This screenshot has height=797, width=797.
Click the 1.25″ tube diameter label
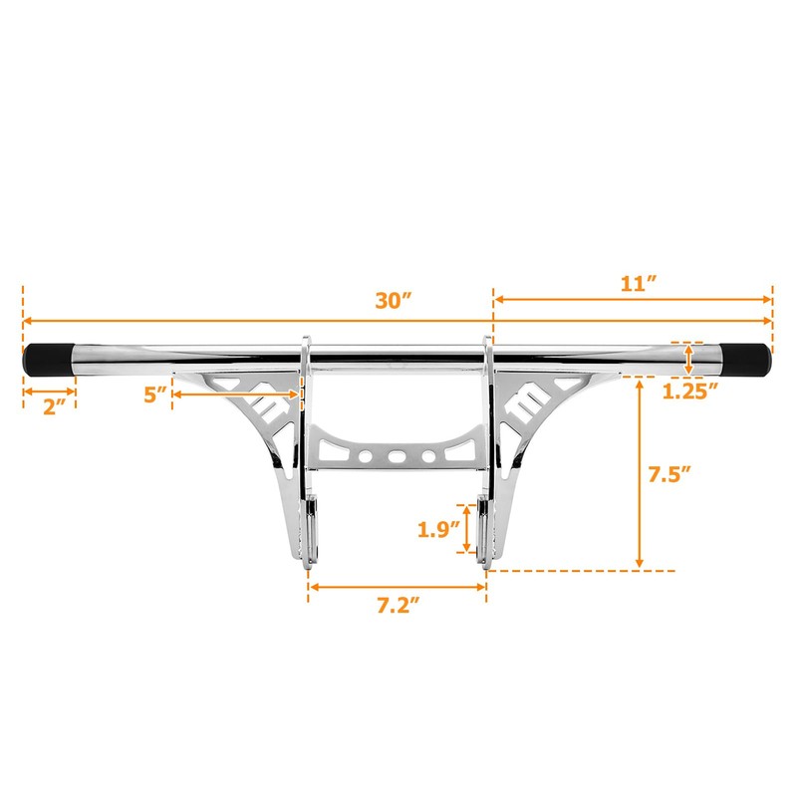pos(690,392)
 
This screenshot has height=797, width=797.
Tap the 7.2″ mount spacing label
pos(398,604)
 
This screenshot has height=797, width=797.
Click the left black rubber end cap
pos(48,358)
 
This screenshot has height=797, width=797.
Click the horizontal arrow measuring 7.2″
pos(398,586)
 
